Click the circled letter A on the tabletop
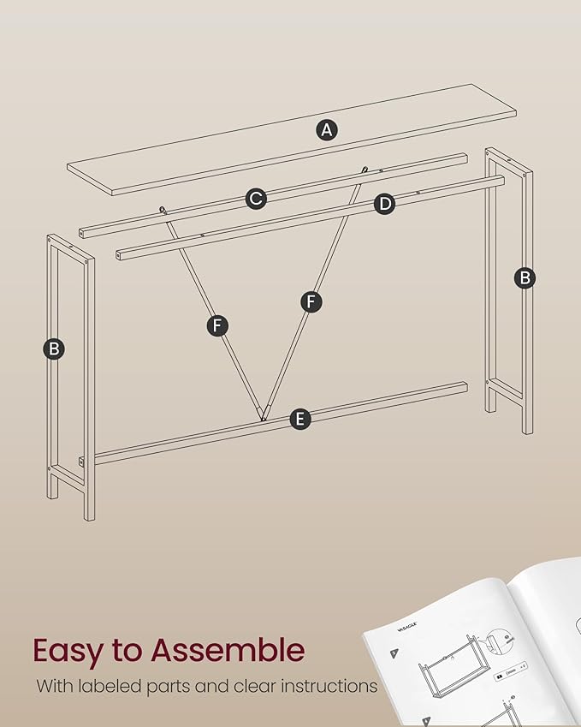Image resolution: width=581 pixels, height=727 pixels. pyautogui.click(x=326, y=130)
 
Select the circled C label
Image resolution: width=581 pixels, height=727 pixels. pyautogui.click(x=255, y=199)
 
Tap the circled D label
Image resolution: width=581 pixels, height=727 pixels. pyautogui.click(x=385, y=203)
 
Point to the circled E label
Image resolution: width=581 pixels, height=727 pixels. pyautogui.click(x=299, y=419)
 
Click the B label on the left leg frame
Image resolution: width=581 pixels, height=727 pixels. pyautogui.click(x=54, y=349)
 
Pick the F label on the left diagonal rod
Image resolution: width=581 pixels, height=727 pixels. pyautogui.click(x=217, y=325)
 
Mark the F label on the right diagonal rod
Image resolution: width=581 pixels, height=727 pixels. pyautogui.click(x=311, y=301)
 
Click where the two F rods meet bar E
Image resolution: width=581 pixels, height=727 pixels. pyautogui.click(x=263, y=417)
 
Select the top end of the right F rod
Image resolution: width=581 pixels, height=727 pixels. pyautogui.click(x=365, y=170)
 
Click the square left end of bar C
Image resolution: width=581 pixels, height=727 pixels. pyautogui.click(x=83, y=233)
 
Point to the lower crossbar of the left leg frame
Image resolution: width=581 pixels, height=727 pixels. pyautogui.click(x=67, y=474)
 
